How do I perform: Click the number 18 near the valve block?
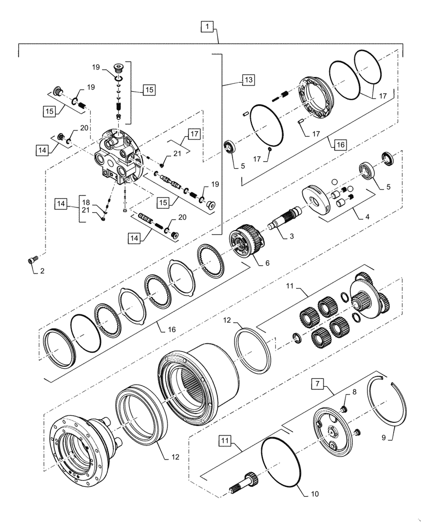(x=86, y=201)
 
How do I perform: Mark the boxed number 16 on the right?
(x=341, y=143)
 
